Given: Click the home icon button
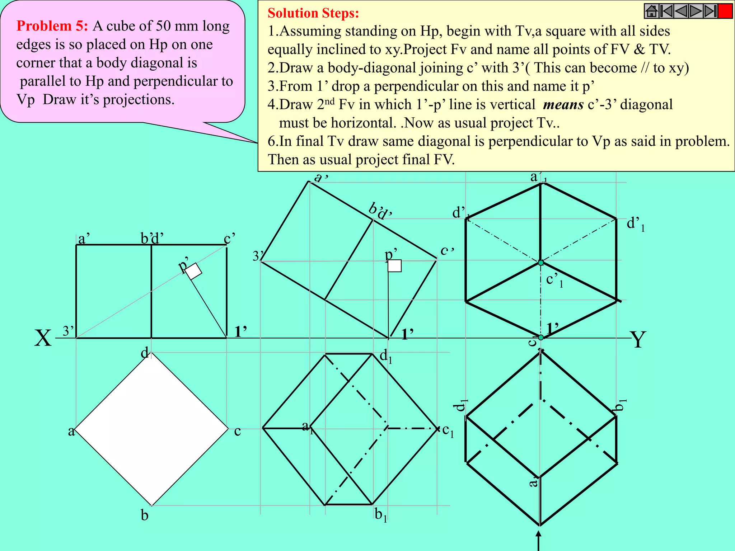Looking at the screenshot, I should [651, 11].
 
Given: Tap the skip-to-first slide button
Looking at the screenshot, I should [666, 11].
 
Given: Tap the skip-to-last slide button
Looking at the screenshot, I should [710, 11].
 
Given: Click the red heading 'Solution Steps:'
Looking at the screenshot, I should [313, 13].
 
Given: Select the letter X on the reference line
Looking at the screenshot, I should [43, 338].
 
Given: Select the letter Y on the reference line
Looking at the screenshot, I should [638, 339].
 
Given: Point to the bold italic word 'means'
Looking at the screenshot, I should [563, 105].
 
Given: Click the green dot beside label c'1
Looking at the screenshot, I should [541, 263].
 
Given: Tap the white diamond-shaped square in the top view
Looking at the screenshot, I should [151, 429].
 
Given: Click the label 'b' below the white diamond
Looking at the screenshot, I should [144, 515].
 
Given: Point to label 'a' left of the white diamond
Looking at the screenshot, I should [71, 431].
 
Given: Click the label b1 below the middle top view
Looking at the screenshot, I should [380, 515].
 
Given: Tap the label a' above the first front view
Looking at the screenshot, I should [84, 238].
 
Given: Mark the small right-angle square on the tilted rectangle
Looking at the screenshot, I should [395, 266].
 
